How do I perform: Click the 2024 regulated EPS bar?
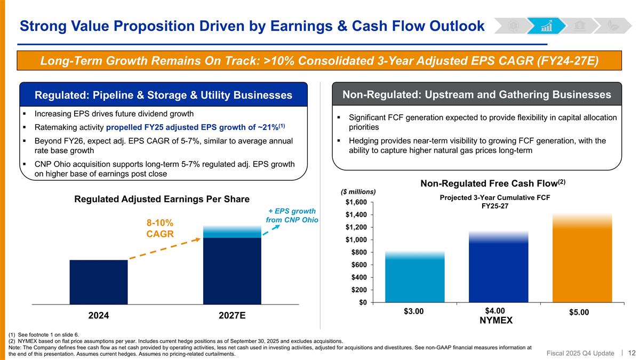99,282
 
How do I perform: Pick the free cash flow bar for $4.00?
498,269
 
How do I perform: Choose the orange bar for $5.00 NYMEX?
582,261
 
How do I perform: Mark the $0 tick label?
362,302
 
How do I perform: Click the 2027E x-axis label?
232,315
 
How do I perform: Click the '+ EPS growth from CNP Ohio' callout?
292,215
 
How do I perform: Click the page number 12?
632,352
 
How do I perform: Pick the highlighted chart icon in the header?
546,26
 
